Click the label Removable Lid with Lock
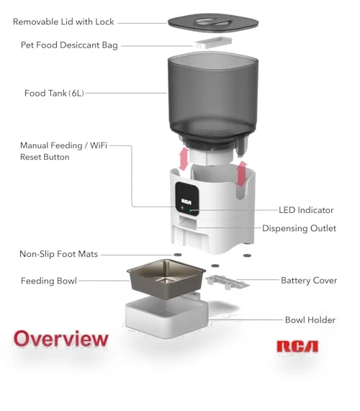(63, 22)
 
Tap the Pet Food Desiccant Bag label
(69, 45)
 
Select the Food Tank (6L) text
(54, 93)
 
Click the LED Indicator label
(306, 210)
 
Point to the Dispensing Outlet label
(299, 228)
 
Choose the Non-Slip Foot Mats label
(59, 254)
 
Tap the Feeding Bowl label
(49, 281)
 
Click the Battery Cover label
(309, 281)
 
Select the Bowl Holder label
(310, 320)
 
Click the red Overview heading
(60, 338)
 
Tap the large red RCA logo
(297, 346)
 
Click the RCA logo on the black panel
(186, 202)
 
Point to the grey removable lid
(213, 23)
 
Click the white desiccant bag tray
(213, 42)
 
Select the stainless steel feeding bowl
(166, 279)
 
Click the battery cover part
(227, 281)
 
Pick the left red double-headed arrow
(184, 158)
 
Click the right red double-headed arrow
(242, 174)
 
